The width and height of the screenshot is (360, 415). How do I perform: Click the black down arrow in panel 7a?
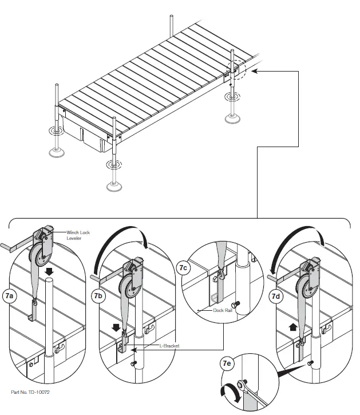[50, 270]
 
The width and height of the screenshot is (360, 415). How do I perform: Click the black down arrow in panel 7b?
[117, 328]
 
